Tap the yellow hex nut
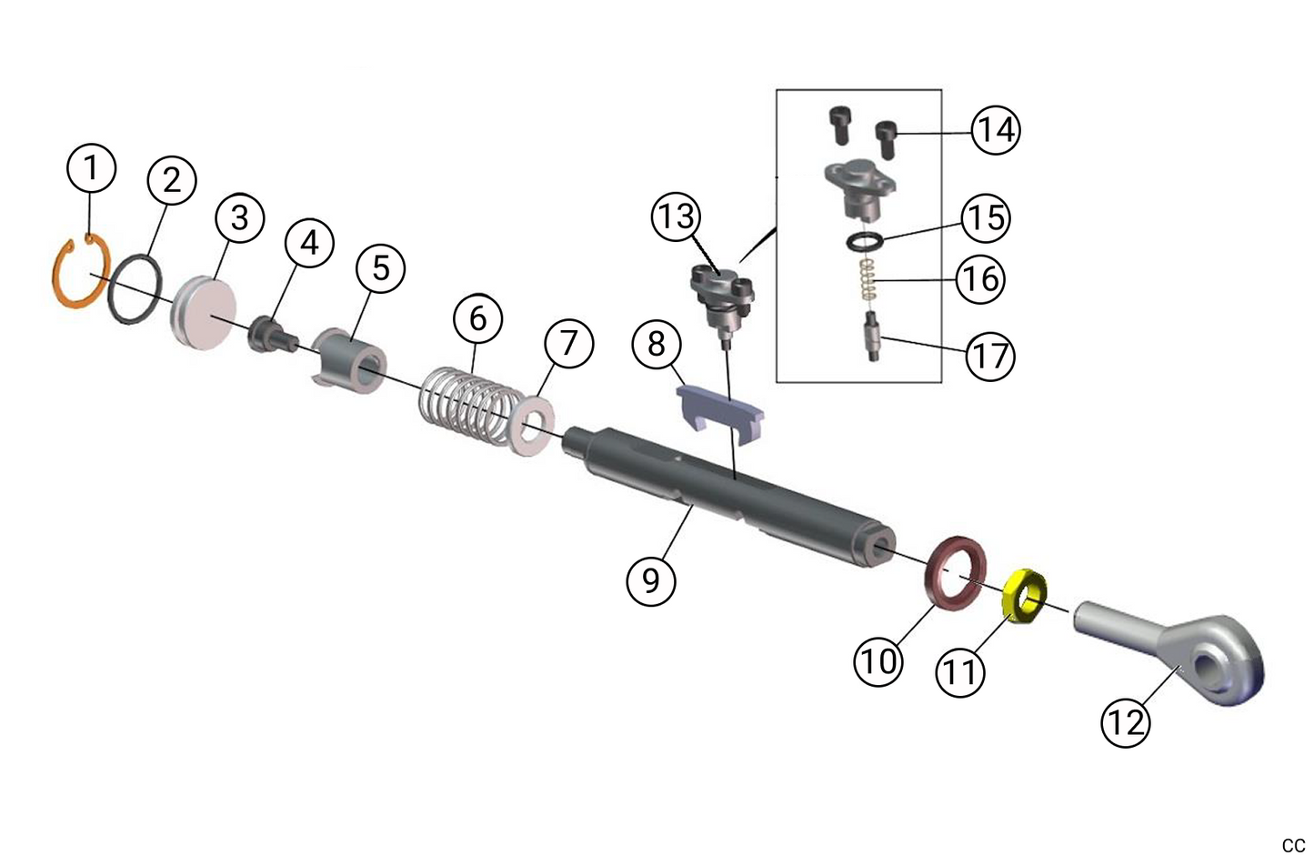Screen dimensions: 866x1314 (1026, 599)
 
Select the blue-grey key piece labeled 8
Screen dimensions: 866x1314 (718, 409)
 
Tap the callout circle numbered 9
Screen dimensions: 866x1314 (651, 578)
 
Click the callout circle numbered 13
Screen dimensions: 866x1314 (677, 217)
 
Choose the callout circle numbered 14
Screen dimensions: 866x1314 (996, 130)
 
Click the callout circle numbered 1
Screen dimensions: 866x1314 (91, 168)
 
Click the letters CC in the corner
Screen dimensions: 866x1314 (1293, 845)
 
